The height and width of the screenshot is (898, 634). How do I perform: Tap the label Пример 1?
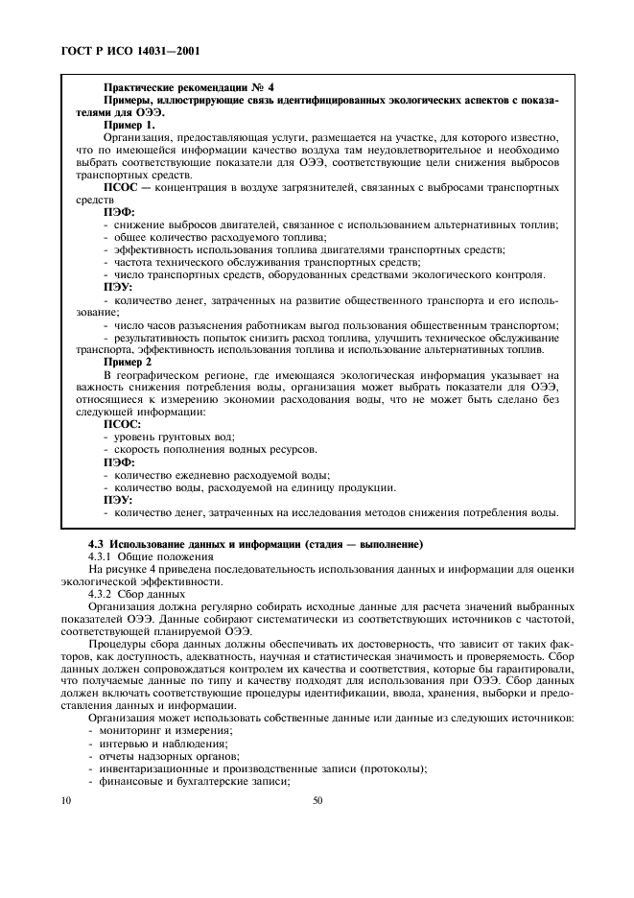pos(129,125)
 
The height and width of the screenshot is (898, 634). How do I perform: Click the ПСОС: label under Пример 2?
pos(122,423)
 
